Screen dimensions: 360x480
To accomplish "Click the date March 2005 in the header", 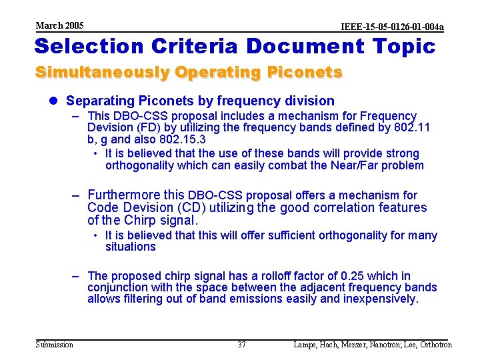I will (x=59, y=25).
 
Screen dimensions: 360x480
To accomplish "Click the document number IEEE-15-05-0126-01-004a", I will (x=392, y=27).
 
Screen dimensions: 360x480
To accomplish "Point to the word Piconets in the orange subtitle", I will (x=306, y=72).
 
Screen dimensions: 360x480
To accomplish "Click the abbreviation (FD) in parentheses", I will (x=145, y=127).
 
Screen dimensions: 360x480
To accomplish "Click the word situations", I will (x=130, y=247).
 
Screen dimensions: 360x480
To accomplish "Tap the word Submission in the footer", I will (x=55, y=345).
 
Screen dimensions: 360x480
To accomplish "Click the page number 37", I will (x=241, y=345).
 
